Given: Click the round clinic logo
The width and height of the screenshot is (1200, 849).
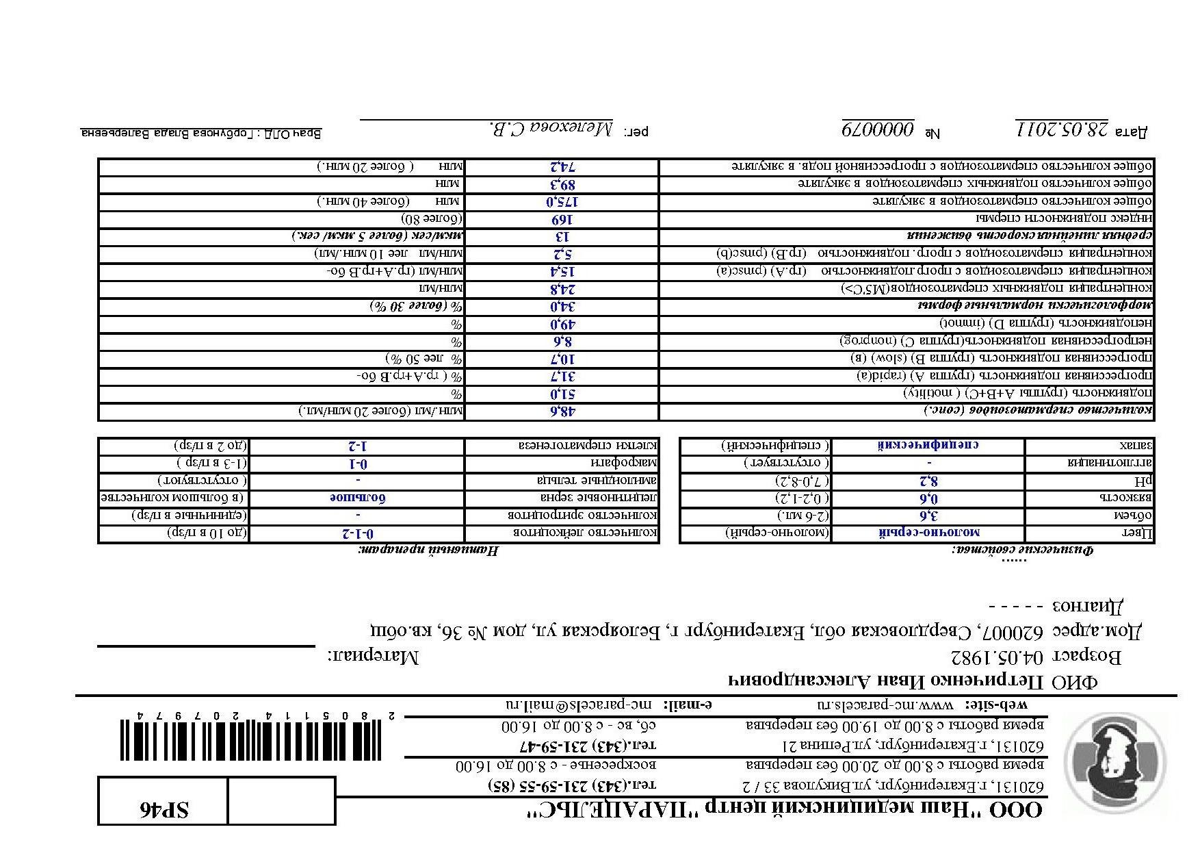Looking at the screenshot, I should pyautogui.click(x=1118, y=761).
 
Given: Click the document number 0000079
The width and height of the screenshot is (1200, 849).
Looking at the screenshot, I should pyautogui.click(x=878, y=129).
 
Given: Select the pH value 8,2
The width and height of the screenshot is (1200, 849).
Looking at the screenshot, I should pyautogui.click(x=928, y=481).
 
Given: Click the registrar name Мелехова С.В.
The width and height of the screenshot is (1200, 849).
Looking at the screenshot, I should pyautogui.click(x=552, y=129).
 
